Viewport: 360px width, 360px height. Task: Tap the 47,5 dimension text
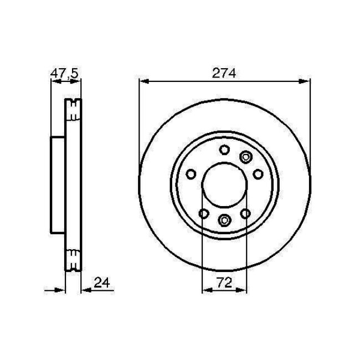(64, 72)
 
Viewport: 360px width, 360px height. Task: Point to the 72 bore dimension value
(224, 281)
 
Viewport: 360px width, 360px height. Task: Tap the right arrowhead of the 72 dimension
(241, 290)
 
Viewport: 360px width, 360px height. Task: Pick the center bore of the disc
(224, 187)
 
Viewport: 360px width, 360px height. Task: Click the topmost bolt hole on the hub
(224, 150)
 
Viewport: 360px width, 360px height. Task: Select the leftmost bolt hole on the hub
(190, 174)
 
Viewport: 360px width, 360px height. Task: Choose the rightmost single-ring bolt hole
(258, 174)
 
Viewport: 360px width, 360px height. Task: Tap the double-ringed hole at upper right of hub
(245, 158)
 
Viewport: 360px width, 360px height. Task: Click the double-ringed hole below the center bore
(224, 220)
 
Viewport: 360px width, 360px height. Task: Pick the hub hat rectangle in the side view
(58, 184)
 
